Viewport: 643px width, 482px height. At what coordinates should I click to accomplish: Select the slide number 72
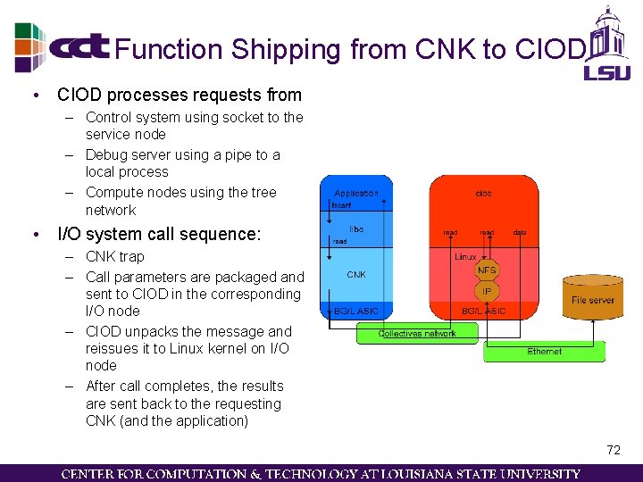[x=613, y=450]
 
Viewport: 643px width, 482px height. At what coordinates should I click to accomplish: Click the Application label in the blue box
[x=356, y=193]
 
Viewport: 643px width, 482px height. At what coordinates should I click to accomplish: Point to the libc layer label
[x=356, y=229]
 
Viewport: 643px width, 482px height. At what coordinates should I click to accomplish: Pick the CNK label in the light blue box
[x=356, y=275]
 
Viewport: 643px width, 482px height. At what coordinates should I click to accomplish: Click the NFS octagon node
[x=487, y=270]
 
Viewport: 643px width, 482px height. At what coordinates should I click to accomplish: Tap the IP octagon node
[x=487, y=291]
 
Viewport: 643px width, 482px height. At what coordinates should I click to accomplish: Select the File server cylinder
[x=593, y=298]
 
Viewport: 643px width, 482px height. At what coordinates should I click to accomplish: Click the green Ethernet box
[x=544, y=352]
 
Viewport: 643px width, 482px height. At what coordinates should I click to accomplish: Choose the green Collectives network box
[x=417, y=334]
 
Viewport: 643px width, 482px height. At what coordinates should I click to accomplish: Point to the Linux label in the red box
[x=465, y=256]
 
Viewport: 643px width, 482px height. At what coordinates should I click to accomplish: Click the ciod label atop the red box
[x=483, y=193]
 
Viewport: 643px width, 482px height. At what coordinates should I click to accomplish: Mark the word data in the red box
[x=520, y=233]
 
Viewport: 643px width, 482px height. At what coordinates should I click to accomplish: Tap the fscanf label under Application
[x=341, y=205]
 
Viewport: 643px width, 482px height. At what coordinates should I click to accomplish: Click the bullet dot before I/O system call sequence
[x=33, y=235]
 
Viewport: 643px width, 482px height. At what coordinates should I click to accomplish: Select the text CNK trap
[x=114, y=257]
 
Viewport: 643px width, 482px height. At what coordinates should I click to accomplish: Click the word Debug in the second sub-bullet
[x=105, y=154]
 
